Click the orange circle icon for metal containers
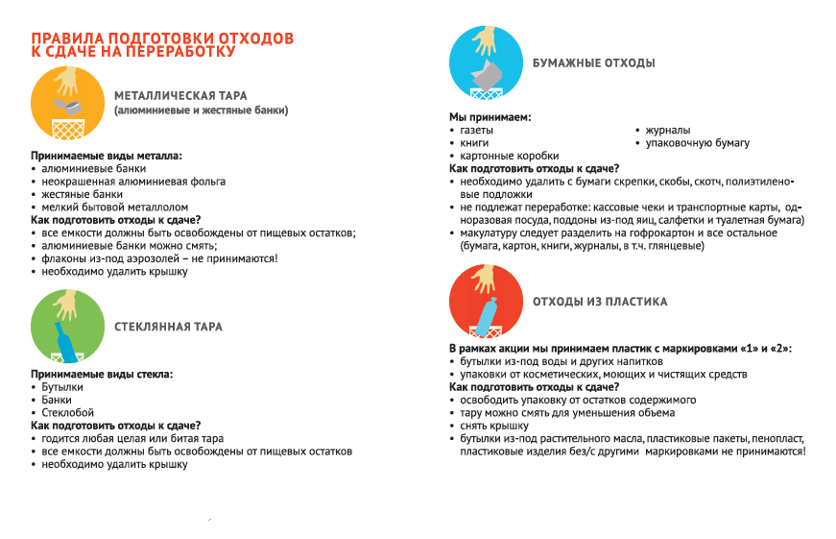click(x=66, y=104)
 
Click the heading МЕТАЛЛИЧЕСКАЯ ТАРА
click(x=180, y=96)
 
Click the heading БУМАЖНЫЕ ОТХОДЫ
click(x=594, y=63)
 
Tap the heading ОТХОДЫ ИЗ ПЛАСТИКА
click(x=600, y=302)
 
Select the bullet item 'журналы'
click(x=667, y=130)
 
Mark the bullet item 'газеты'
click(x=477, y=130)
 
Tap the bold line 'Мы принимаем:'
click(x=490, y=117)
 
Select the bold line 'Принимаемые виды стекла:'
click(x=101, y=374)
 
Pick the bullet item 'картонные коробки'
click(x=509, y=156)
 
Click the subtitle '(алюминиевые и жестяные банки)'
click(x=201, y=110)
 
